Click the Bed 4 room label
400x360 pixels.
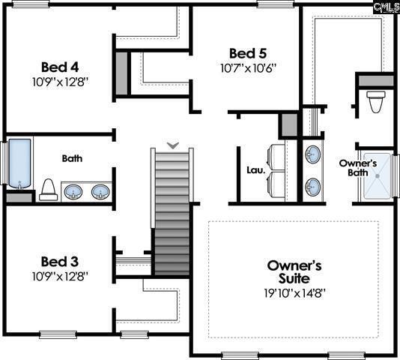(x=60, y=67)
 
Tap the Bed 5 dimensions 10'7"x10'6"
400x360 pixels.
(x=248, y=68)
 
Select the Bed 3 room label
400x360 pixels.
(x=60, y=262)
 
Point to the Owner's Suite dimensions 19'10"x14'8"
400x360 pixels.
(x=294, y=293)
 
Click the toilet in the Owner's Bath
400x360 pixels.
(x=376, y=102)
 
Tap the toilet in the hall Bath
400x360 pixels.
(x=49, y=190)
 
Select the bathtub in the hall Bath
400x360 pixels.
(x=19, y=163)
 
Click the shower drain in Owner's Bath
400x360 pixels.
(x=378, y=176)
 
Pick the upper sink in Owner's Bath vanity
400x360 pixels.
(x=313, y=154)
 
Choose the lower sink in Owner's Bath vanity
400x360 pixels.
(x=313, y=187)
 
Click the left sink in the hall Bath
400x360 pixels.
(x=73, y=192)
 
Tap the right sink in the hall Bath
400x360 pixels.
(x=100, y=192)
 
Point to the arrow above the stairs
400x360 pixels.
(x=173, y=145)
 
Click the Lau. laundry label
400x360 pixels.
(x=256, y=170)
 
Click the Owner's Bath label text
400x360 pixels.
(x=358, y=168)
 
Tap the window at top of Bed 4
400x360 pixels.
(x=31, y=4)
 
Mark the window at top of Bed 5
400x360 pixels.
(x=276, y=4)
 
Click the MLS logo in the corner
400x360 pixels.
(x=387, y=7)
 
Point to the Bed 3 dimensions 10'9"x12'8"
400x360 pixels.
(x=60, y=276)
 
